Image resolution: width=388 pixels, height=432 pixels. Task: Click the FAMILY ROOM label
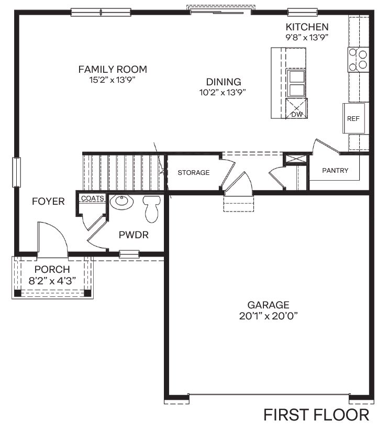tap(112, 69)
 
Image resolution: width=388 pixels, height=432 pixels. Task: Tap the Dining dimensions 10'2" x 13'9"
tap(223, 92)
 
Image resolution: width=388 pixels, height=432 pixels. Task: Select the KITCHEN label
tap(307, 27)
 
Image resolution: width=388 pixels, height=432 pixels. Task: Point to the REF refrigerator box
tap(353, 118)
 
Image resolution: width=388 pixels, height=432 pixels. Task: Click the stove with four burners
tap(359, 58)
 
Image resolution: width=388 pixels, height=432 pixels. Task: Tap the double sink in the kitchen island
tap(297, 83)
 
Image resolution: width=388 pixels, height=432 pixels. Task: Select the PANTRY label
tap(335, 171)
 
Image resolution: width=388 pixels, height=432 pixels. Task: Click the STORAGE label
tap(193, 172)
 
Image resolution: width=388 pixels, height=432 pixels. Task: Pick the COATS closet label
tap(92, 198)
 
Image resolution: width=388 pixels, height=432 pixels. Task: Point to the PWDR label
tap(134, 235)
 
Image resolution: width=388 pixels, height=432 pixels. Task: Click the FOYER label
tap(48, 202)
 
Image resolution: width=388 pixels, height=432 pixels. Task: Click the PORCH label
tap(52, 270)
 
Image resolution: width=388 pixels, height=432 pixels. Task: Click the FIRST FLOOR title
tap(316, 415)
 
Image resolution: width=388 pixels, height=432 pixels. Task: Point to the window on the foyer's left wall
tap(17, 172)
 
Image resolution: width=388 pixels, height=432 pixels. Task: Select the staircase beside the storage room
tap(123, 172)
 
